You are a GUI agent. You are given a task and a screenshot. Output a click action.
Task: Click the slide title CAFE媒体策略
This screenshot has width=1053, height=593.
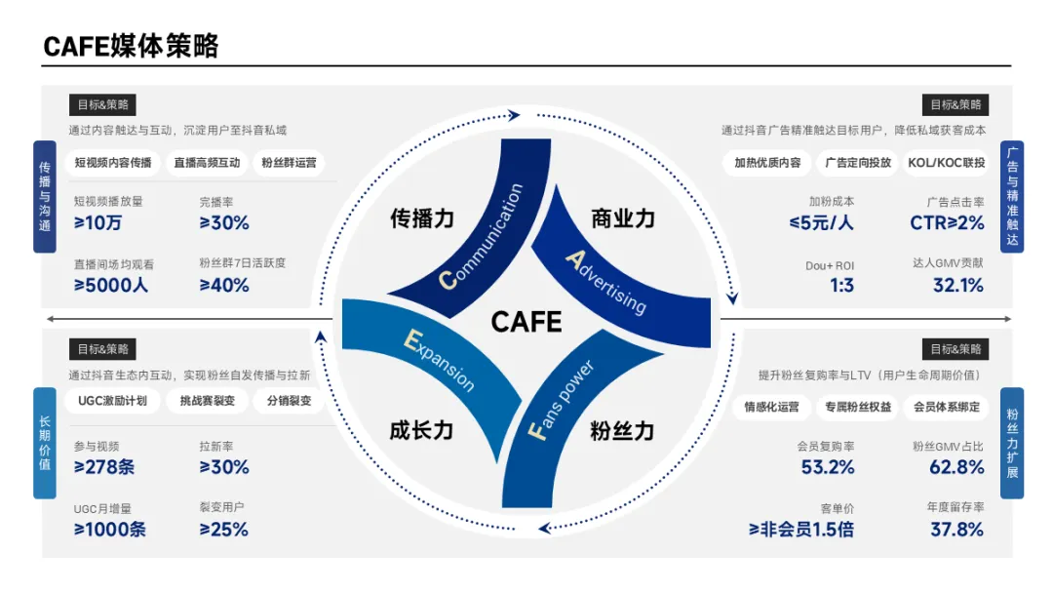click(131, 45)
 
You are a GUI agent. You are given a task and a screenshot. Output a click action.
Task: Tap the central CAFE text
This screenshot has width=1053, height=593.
click(526, 322)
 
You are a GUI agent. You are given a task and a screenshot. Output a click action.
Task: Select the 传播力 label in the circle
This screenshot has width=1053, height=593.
click(422, 217)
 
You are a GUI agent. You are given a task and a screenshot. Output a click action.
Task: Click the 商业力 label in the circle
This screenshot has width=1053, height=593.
click(623, 217)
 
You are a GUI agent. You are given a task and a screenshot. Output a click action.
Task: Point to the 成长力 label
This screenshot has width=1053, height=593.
click(421, 429)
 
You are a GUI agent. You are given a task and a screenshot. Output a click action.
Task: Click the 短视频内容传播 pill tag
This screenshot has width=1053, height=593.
click(113, 163)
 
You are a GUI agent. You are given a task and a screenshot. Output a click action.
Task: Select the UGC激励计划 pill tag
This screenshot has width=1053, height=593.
click(112, 400)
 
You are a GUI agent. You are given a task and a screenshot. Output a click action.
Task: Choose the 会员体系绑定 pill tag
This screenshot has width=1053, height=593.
click(946, 407)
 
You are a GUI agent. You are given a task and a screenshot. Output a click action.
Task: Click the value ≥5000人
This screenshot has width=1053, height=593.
click(111, 286)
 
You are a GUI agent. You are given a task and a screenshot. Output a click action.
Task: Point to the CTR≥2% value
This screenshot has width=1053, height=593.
click(940, 223)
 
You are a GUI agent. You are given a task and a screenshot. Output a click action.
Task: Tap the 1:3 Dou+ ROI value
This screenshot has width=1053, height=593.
click(841, 286)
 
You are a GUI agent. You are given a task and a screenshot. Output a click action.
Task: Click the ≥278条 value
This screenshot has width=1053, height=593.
click(104, 467)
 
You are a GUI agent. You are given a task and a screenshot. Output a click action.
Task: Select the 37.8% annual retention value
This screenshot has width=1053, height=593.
click(956, 530)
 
